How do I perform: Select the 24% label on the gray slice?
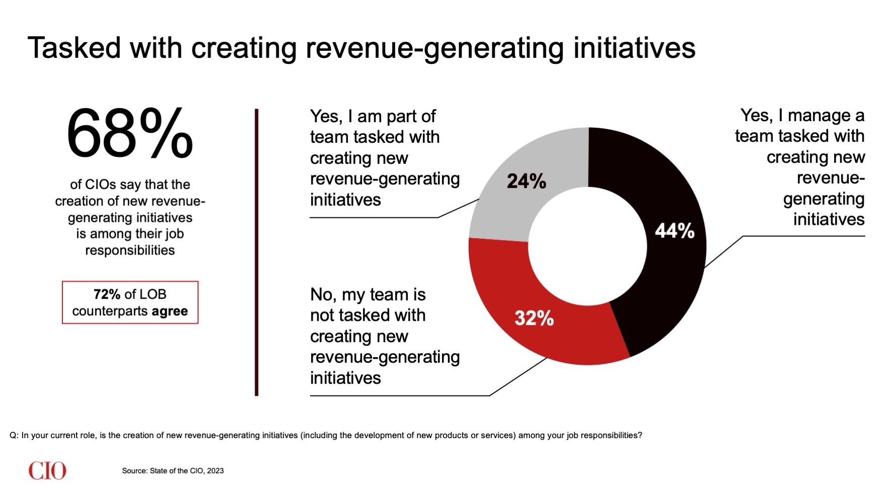coord(526,181)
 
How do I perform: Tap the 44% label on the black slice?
coord(675,231)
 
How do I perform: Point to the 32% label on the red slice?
coord(534,318)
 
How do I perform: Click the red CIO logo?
coord(47,471)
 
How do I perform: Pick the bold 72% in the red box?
coord(107,294)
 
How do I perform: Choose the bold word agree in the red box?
coord(170,311)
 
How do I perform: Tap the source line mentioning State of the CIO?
coord(173,471)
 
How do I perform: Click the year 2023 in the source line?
coord(215,471)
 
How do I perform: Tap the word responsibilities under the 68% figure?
coord(130,250)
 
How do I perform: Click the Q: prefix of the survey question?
coord(14,436)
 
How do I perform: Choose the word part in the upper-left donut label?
coord(402,117)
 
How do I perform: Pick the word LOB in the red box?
coord(153,294)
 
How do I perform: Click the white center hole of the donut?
coord(587,246)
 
